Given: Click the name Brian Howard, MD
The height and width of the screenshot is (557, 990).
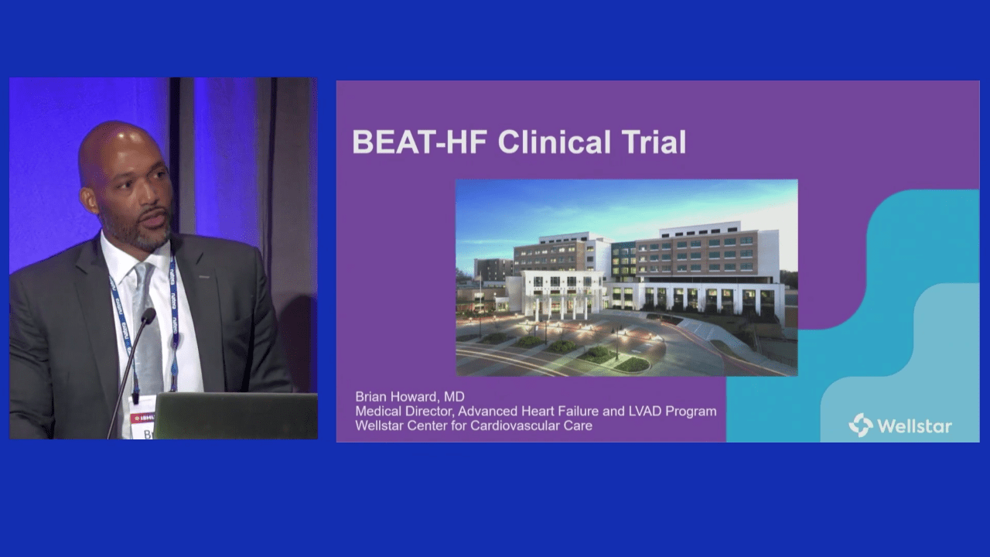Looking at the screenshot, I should (409, 397).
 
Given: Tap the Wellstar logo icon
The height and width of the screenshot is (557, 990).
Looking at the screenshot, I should (860, 425).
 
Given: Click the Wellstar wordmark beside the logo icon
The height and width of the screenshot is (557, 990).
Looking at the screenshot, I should (914, 426).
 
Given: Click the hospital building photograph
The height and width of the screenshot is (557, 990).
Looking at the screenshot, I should (626, 277).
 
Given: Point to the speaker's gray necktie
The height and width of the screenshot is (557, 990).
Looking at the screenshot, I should (147, 325).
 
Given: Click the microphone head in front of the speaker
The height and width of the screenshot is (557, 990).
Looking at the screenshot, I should (148, 316).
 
